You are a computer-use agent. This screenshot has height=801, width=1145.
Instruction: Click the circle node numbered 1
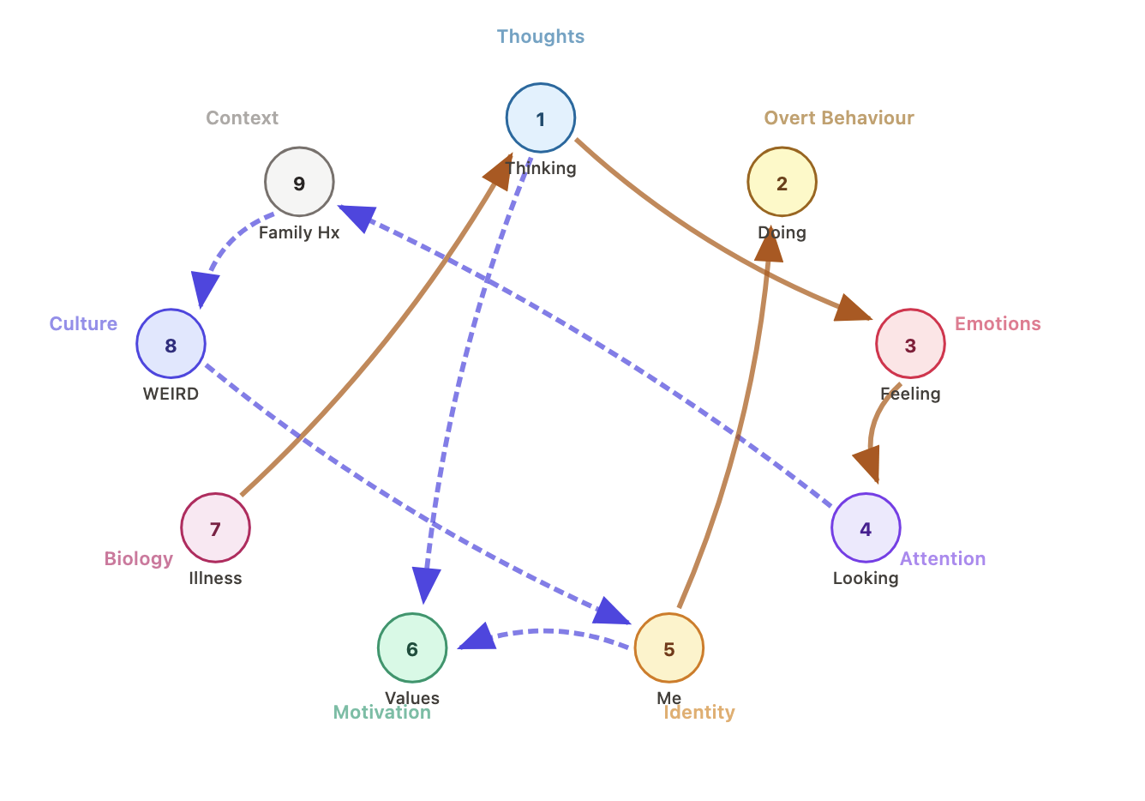[x=540, y=118]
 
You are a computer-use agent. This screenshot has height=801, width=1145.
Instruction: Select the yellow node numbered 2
[x=782, y=183]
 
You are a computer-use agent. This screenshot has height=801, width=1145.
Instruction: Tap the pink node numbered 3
[x=910, y=344]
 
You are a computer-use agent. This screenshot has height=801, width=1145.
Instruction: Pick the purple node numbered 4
[x=866, y=528]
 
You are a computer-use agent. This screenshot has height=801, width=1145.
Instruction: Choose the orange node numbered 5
[x=668, y=648]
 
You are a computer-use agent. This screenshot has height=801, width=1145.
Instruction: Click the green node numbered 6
[x=412, y=648]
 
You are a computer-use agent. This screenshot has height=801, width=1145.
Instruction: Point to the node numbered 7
[x=215, y=528]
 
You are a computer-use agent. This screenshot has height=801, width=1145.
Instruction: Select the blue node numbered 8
[x=171, y=344]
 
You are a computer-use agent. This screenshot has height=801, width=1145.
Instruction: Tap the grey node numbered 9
[x=299, y=183]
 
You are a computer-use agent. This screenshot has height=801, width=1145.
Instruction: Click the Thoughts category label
[x=540, y=37]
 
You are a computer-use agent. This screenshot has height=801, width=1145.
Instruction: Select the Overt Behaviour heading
[x=838, y=118]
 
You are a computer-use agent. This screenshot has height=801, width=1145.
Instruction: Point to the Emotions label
[x=998, y=324]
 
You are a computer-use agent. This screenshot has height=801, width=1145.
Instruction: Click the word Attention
[x=942, y=559]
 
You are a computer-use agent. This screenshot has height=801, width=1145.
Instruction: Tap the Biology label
[x=139, y=559]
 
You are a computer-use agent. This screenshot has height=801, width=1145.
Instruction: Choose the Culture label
[x=83, y=324]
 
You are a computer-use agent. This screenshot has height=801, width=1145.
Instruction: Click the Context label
[x=242, y=118]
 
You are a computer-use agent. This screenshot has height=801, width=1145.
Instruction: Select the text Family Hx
[x=299, y=232]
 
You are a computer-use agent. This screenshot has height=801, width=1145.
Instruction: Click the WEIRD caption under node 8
[x=171, y=394]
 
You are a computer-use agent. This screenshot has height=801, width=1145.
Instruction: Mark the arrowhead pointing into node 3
[x=852, y=310]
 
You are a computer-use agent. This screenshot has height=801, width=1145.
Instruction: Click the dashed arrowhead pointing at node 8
[x=203, y=288]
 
